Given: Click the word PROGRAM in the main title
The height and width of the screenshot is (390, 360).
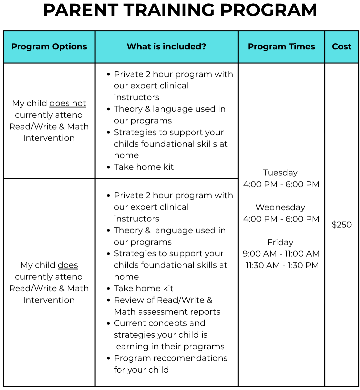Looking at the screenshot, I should pos(268,10).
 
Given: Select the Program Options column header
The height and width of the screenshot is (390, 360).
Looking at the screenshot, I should pos(49,47).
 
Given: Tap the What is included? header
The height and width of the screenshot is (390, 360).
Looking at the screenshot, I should pos(166,47).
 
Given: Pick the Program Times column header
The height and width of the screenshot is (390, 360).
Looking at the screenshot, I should pos(281,47).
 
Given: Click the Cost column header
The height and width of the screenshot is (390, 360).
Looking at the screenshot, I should pos(342,47).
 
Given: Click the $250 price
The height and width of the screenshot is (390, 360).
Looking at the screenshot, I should pos(342,225).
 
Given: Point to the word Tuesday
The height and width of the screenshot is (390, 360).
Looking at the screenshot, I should pos(280,173).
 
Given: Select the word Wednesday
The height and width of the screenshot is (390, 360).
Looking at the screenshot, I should pos(280,208).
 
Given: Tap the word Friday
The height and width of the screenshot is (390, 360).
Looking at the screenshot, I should pos(280,242).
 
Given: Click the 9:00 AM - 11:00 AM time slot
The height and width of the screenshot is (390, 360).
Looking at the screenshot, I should pos(281,254).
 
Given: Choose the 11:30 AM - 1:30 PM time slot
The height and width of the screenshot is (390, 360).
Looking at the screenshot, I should pos(282,266).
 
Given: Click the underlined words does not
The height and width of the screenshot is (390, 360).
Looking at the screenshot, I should pos(68,103).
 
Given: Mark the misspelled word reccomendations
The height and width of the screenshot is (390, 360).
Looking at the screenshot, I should pos(190,358).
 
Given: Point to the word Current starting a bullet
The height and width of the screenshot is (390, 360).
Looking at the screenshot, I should pos(130,323).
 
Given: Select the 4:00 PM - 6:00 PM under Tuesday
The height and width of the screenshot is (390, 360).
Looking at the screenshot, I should pos(281,184).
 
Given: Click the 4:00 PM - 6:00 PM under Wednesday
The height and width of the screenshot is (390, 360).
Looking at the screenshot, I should pos(281,219).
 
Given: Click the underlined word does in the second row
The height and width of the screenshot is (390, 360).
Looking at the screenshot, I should pos(68,265).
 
